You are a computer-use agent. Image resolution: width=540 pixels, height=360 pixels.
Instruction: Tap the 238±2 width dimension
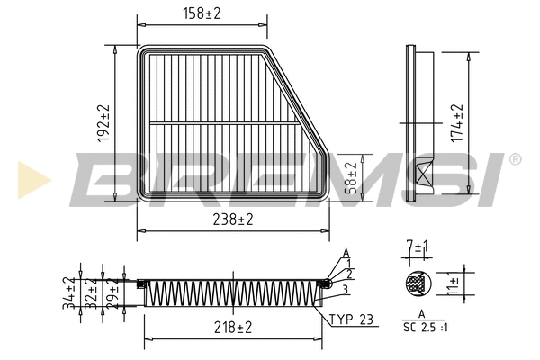tap(232, 219)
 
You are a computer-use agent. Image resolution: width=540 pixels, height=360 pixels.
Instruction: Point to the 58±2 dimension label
tap(352, 175)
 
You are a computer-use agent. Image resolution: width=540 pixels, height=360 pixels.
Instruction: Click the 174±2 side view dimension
tap(458, 123)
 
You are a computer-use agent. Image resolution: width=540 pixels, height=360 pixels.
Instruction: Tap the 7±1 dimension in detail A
tap(416, 246)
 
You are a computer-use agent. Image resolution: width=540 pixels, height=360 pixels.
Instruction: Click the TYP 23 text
tap(352, 319)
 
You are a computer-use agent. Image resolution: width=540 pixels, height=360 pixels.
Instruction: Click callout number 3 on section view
tap(345, 288)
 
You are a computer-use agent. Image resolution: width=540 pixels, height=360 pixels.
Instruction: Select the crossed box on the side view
tap(424, 175)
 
